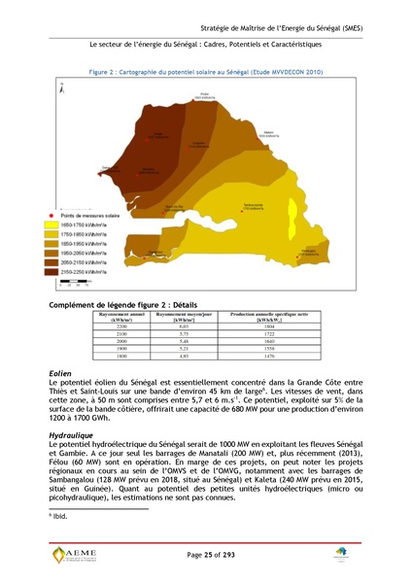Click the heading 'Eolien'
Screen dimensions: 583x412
[60, 373]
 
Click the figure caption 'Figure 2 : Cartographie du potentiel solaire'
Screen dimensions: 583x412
[206, 72]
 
